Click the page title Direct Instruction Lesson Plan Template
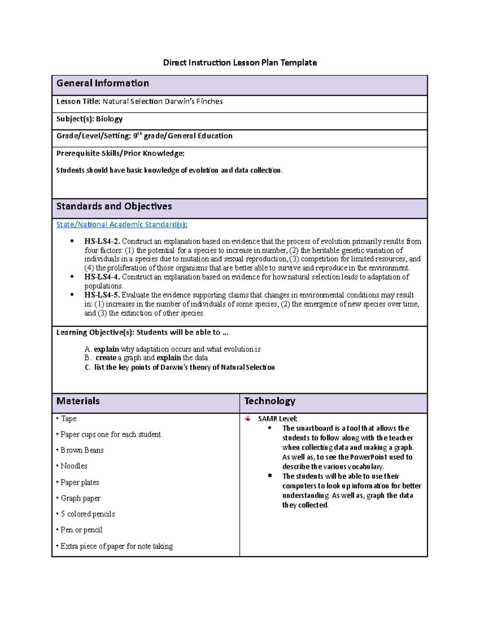(x=240, y=62)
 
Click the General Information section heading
(x=103, y=83)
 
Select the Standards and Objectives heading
(x=114, y=206)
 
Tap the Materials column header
(x=78, y=401)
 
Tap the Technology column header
(x=270, y=401)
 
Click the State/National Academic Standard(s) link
(x=122, y=224)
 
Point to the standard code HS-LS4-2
(x=102, y=241)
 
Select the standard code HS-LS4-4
(x=102, y=277)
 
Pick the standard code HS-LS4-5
(x=102, y=295)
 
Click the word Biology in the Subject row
(x=109, y=119)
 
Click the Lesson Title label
(x=78, y=102)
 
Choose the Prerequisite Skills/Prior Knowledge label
(x=120, y=153)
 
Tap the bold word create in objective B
(x=106, y=358)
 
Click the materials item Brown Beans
(x=82, y=450)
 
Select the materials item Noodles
(x=74, y=466)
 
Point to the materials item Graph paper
(x=80, y=498)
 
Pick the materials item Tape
(x=69, y=419)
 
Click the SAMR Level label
(x=278, y=419)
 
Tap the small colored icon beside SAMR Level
(x=248, y=418)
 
